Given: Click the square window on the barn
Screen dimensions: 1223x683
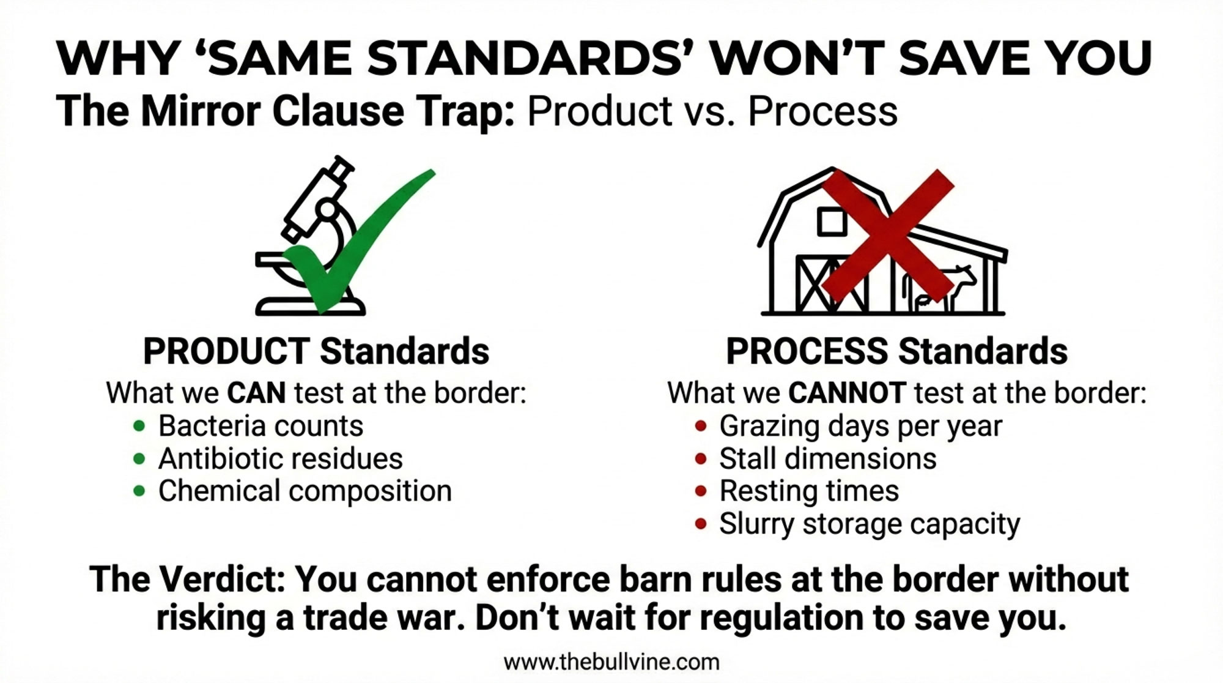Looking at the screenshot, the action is click(832, 222).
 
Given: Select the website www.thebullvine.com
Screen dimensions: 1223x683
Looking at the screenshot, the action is click(611, 662).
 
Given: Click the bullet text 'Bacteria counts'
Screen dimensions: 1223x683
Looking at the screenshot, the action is click(260, 426).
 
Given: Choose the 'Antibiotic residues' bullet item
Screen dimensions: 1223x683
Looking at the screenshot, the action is click(281, 458).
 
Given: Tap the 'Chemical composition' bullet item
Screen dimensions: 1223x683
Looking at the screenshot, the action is click(305, 491).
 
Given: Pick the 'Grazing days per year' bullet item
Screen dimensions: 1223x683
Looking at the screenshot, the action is click(861, 426).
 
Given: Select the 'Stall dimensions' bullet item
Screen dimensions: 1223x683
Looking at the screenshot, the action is click(828, 458).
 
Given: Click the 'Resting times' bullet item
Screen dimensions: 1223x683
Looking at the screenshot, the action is click(809, 491).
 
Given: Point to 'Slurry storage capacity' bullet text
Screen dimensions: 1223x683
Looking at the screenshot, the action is click(870, 524).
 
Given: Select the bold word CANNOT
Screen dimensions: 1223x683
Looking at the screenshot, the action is click(847, 393).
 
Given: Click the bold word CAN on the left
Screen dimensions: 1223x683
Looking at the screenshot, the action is click(256, 393).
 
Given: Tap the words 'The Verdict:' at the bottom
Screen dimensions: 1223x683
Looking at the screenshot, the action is click(187, 579).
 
